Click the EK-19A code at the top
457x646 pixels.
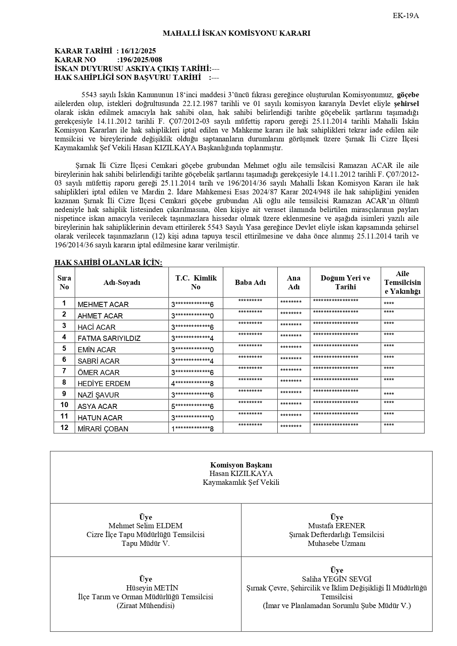click(x=406, y=16)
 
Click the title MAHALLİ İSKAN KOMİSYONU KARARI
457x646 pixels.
click(x=236, y=33)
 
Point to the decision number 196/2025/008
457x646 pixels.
click(x=140, y=60)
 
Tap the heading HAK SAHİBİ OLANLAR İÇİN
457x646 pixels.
click(x=108, y=262)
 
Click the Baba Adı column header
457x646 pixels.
click(x=250, y=282)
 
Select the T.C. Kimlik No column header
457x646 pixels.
click(x=196, y=282)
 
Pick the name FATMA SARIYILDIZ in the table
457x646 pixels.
click(x=109, y=338)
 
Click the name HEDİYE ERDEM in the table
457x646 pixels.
click(x=104, y=384)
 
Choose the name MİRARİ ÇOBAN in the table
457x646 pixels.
click(x=103, y=429)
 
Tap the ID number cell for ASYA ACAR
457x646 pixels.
click(x=192, y=406)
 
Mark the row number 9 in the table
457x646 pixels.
click(x=64, y=394)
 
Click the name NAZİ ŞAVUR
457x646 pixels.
click(x=98, y=395)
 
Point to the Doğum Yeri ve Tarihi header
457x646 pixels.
click(x=345, y=282)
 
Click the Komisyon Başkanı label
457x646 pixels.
click(x=241, y=465)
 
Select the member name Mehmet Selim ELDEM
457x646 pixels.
click(x=145, y=526)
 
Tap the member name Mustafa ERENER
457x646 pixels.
click(x=337, y=526)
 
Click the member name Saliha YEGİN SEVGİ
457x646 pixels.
click(x=337, y=579)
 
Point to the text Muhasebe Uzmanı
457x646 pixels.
click(x=337, y=544)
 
